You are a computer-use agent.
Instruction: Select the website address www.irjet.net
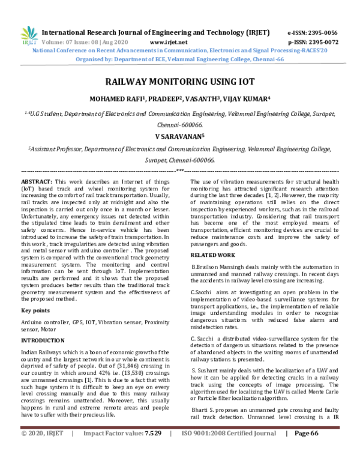point(169,43)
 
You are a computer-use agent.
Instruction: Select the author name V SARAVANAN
point(179,136)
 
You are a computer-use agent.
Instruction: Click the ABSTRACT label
point(37,181)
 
